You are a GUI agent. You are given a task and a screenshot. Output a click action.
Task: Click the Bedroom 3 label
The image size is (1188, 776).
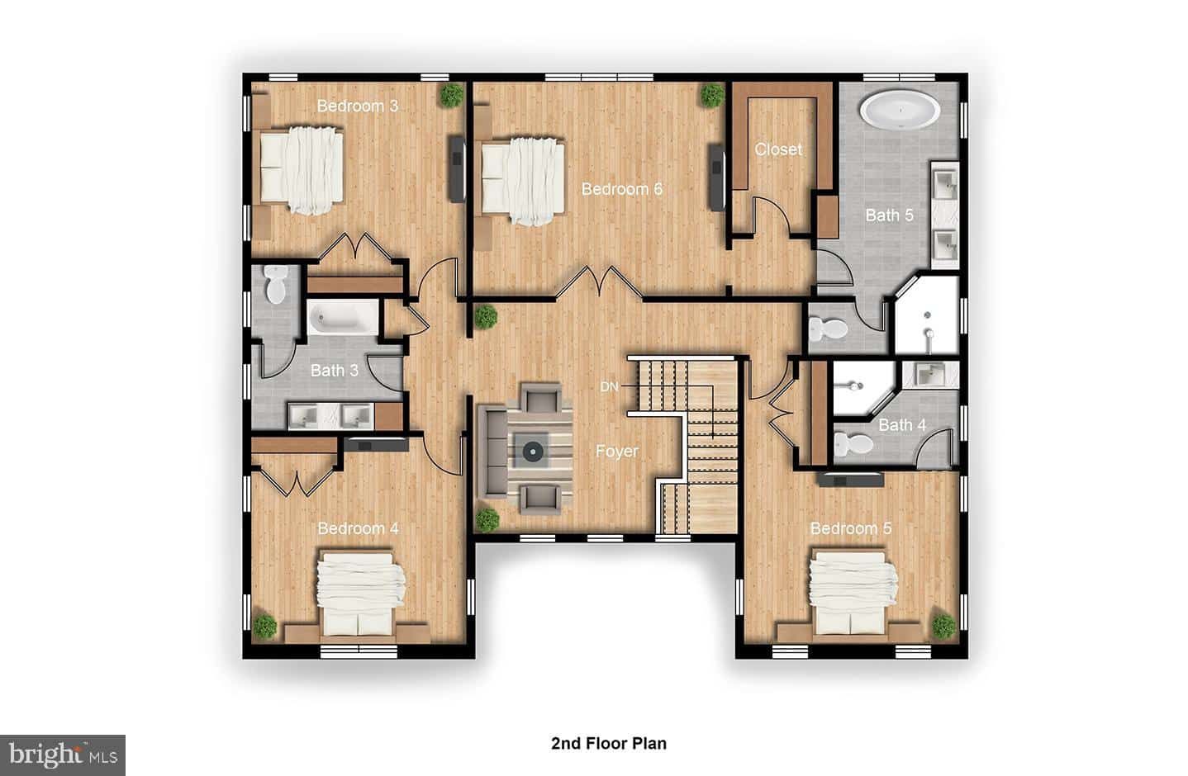(358, 106)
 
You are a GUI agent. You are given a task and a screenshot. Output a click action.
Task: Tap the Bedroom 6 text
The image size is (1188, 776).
(622, 189)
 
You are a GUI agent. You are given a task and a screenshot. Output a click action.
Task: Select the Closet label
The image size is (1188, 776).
(778, 149)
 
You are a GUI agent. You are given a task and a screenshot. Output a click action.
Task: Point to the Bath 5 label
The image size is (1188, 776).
(890, 215)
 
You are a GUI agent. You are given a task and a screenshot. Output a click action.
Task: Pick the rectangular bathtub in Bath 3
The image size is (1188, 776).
(343, 318)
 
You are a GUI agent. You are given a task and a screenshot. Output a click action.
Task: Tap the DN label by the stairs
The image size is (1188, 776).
(610, 387)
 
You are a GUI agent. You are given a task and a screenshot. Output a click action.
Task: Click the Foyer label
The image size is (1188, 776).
(617, 451)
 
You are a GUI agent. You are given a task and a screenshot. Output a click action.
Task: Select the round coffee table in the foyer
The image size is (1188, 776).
(532, 452)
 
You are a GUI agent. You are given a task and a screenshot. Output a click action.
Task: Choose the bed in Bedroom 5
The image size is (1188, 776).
(853, 593)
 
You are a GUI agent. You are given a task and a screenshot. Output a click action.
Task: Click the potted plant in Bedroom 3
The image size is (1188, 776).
(451, 95)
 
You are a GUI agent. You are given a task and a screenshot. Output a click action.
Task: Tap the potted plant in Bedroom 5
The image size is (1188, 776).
(944, 626)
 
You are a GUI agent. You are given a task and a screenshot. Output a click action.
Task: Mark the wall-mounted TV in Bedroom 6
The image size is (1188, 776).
(717, 177)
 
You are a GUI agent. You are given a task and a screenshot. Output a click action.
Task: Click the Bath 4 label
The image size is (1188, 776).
(902, 425)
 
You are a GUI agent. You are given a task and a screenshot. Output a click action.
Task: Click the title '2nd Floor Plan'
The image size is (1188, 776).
(609, 744)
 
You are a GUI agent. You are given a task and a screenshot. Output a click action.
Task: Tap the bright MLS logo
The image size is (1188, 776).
(63, 755)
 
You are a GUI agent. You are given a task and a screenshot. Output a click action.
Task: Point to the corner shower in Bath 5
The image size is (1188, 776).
(928, 314)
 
